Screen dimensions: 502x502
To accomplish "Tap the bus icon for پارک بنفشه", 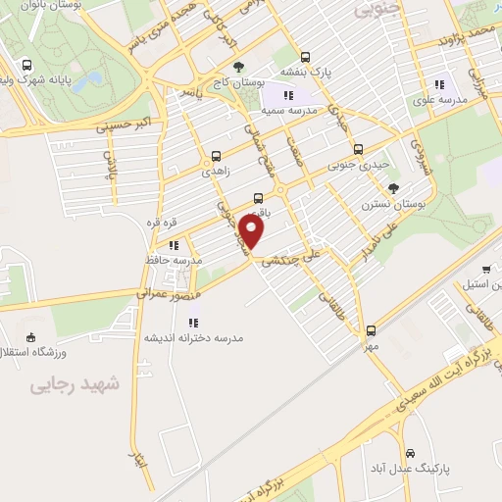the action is [305, 57].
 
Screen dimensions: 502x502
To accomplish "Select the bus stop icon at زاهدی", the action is [217, 155].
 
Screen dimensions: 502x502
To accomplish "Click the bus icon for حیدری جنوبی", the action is [358, 150].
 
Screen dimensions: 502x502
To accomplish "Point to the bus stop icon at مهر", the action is [371, 330].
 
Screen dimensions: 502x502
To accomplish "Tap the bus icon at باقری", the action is [258, 197].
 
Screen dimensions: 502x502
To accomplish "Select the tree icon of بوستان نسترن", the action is [393, 188].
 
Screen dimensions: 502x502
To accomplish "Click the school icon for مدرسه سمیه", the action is [288, 95].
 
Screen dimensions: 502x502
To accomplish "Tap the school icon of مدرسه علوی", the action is [438, 84].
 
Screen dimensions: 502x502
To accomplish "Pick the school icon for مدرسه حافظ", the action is [174, 245].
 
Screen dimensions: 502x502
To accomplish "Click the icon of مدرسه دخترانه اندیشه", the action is [192, 322].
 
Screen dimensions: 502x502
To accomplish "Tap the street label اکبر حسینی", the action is [125, 125].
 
